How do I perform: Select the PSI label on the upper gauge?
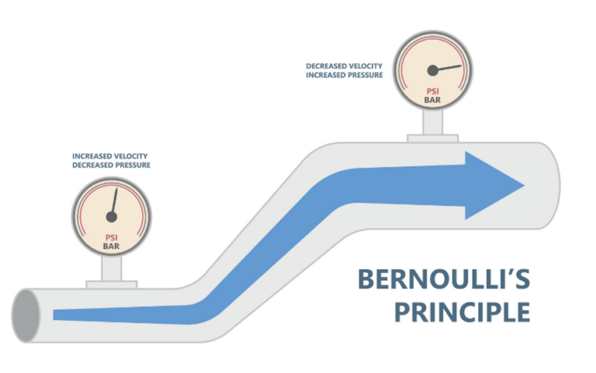[x=432, y=90]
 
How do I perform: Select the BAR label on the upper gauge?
[x=432, y=100]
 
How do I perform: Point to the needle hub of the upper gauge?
[x=433, y=71]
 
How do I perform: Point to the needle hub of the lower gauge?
[x=111, y=216]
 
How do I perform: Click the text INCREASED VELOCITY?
[x=111, y=156]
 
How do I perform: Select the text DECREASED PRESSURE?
[x=111, y=165]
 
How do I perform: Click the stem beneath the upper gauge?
[x=432, y=124]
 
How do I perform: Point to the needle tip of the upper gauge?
[x=461, y=65]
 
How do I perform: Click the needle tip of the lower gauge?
[x=116, y=188]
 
